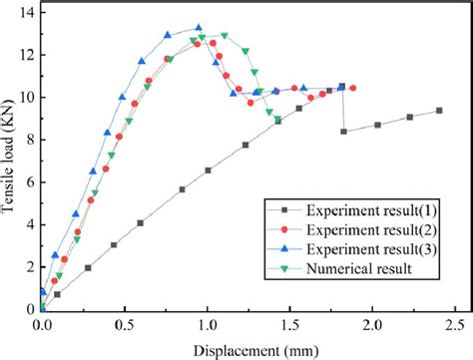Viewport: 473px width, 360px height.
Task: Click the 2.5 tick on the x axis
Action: pos(455,324)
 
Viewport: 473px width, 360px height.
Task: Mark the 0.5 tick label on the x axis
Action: pos(124,324)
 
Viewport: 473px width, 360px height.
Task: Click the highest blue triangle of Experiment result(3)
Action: pos(198,28)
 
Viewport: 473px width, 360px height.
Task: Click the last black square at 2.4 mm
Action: pos(439,111)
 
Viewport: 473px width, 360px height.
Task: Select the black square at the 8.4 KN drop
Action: pos(344,131)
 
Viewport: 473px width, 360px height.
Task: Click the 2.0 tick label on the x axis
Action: pos(372,324)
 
